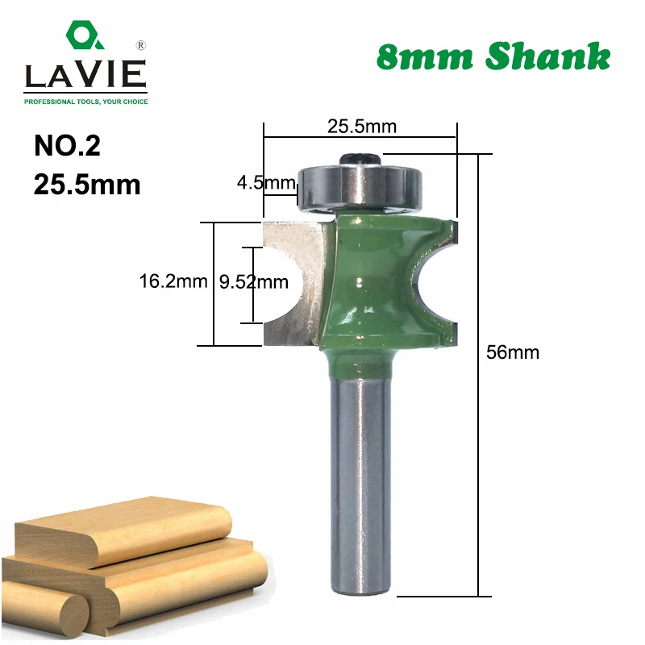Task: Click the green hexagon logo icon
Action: coord(84,35)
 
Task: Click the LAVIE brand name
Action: coord(85,74)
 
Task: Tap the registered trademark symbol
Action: coord(140,45)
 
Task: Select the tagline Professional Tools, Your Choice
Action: coord(86,102)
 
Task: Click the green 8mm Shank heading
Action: coord(493,56)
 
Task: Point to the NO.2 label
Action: coord(67,146)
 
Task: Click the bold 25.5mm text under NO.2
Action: coord(87,185)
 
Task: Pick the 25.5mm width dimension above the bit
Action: coord(362,127)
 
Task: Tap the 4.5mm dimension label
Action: coord(266,182)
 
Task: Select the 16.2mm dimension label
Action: coord(173,281)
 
